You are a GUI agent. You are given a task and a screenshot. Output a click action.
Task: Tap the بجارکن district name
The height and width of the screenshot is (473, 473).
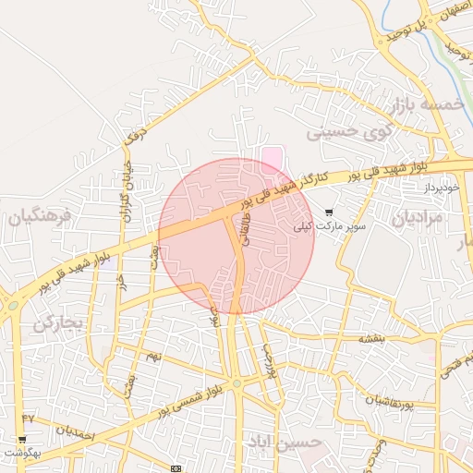(58, 322)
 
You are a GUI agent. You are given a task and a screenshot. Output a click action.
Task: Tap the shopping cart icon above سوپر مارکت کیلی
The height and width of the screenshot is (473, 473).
(329, 212)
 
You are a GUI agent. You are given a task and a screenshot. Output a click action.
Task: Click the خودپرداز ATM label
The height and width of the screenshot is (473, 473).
(444, 188)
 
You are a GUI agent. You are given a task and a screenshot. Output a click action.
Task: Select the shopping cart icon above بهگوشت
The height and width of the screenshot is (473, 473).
(22, 439)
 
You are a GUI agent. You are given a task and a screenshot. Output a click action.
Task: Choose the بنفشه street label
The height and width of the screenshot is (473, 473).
(372, 340)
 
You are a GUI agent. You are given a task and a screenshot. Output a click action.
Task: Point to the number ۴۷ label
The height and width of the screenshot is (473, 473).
(28, 418)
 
